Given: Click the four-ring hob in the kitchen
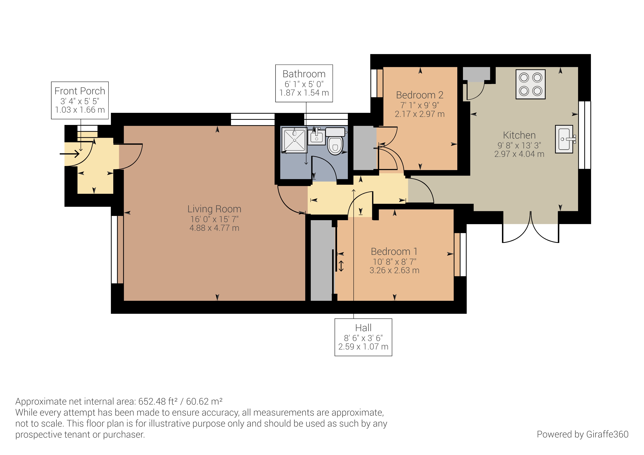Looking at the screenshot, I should pyautogui.click(x=530, y=84).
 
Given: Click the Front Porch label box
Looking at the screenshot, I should pyautogui.click(x=80, y=100).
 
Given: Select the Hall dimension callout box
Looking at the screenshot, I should pyautogui.click(x=363, y=337).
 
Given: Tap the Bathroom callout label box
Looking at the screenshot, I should pyautogui.click(x=304, y=83).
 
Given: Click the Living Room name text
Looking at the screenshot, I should pyautogui.click(x=214, y=209).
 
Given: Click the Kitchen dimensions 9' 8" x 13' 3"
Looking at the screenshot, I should pyautogui.click(x=519, y=145).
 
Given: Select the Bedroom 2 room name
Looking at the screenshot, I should pyautogui.click(x=420, y=95).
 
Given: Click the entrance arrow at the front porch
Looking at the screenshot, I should pyautogui.click(x=70, y=154).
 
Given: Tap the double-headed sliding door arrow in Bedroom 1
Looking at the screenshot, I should pyautogui.click(x=341, y=266).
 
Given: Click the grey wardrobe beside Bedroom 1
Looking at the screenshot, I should pyautogui.click(x=321, y=260).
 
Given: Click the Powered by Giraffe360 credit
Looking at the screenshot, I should pyautogui.click(x=582, y=434).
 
